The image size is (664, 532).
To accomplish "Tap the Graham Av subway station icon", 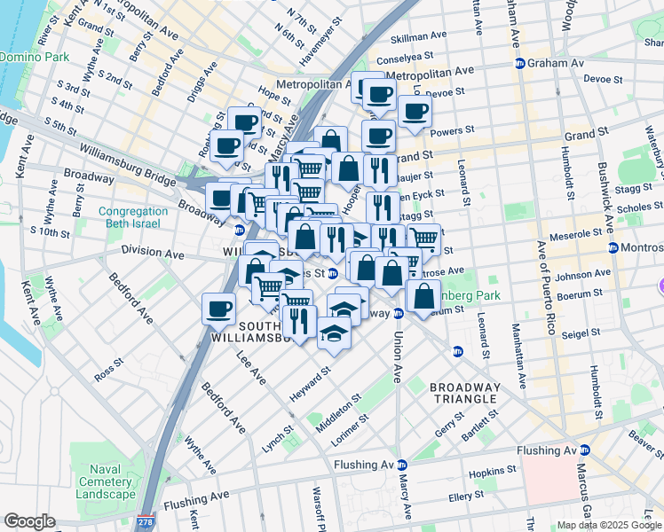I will (521, 63).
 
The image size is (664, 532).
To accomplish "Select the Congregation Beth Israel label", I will (133, 218).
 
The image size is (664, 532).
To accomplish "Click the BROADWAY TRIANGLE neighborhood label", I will (464, 393).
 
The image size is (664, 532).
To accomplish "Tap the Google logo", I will (29, 521).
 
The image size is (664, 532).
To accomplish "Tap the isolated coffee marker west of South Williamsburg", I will (218, 309).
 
